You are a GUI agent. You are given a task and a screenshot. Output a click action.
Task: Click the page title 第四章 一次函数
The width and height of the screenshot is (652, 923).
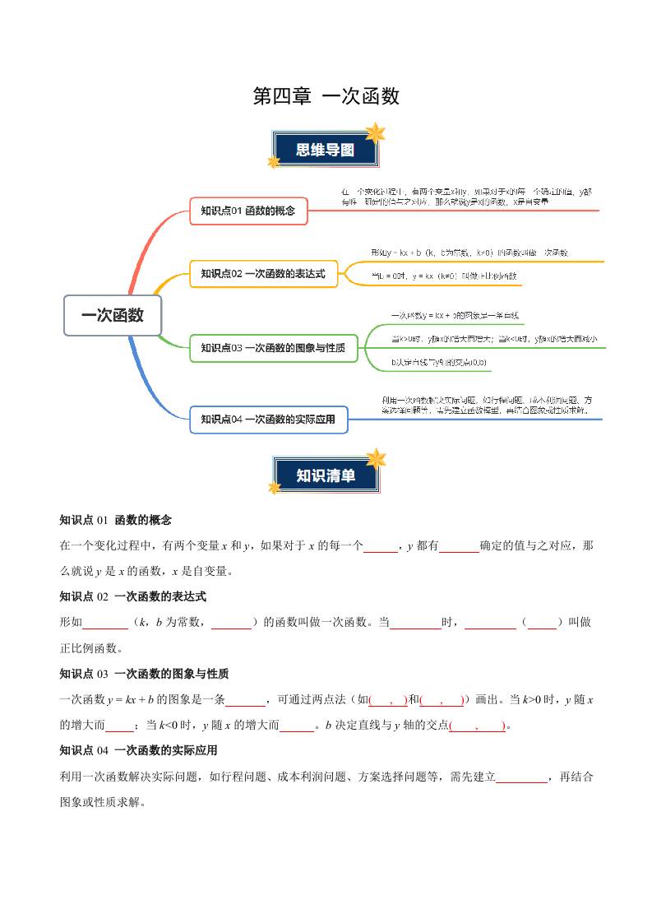tap(326, 96)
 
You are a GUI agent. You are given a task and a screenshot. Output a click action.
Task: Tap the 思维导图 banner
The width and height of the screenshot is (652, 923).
tap(326, 150)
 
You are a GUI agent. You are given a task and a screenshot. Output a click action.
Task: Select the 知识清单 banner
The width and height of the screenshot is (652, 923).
tap(326, 475)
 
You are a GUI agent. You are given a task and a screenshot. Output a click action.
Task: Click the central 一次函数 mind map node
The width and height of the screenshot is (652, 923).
tap(113, 315)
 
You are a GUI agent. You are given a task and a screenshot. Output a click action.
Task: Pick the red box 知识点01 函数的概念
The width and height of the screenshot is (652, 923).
tap(248, 211)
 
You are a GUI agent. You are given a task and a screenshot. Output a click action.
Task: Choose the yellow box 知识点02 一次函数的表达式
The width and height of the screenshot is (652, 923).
tap(263, 274)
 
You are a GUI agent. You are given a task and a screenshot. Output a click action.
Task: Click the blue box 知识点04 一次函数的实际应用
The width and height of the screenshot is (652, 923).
tap(268, 420)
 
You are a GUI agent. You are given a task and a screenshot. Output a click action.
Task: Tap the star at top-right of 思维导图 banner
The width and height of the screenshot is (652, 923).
tap(376, 132)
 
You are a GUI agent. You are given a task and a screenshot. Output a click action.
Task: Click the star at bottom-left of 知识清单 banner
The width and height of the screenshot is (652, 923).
tap(274, 488)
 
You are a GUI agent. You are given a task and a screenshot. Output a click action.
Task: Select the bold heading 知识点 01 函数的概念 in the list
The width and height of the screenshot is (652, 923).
tap(116, 520)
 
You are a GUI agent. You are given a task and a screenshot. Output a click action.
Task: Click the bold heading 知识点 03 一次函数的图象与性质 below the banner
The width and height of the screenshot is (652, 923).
tap(144, 674)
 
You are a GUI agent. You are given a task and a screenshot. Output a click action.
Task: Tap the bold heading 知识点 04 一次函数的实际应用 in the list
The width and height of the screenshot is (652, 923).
tap(138, 750)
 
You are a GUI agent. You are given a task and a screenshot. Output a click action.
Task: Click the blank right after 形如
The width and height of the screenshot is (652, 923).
tap(106, 623)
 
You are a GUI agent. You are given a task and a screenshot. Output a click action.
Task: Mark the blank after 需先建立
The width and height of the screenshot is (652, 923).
tap(521, 777)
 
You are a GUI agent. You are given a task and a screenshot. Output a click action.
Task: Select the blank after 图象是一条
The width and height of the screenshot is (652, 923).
tap(245, 700)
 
